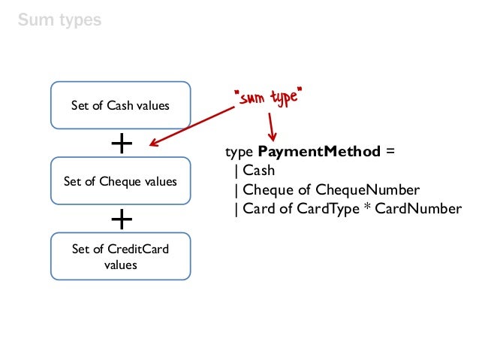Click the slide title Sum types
point(59,20)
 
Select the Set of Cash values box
point(120,105)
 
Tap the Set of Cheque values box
point(120,181)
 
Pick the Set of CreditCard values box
point(120,256)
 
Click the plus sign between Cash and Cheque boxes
point(121,144)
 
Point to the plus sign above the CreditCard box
point(121,219)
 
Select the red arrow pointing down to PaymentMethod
point(268,124)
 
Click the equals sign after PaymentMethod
point(389,152)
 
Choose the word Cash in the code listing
point(259,171)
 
